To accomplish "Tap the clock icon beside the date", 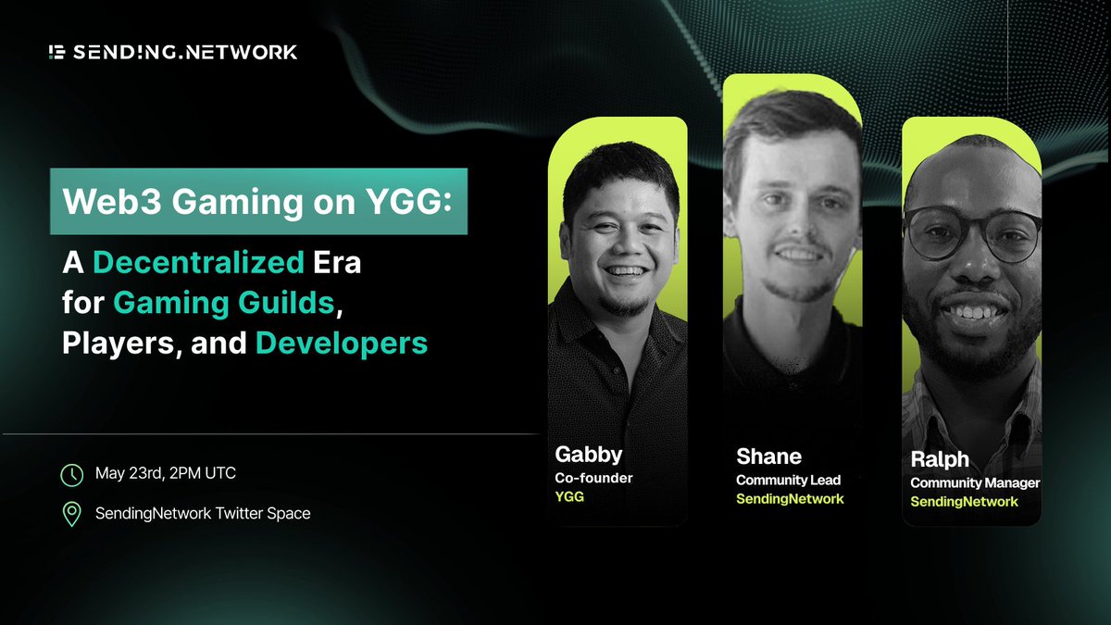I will click(71, 475).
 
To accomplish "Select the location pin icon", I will click(71, 513).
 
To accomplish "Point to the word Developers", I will click(342, 343).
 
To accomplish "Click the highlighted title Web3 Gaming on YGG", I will click(258, 200).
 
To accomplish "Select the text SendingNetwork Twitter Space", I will click(203, 513).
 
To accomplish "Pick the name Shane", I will click(768, 456).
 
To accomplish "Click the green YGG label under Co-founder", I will click(569, 498).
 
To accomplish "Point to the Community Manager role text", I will click(974, 482).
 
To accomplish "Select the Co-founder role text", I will click(593, 479).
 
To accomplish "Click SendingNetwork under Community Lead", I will click(790, 499).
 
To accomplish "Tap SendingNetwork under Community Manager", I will click(964, 502).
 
